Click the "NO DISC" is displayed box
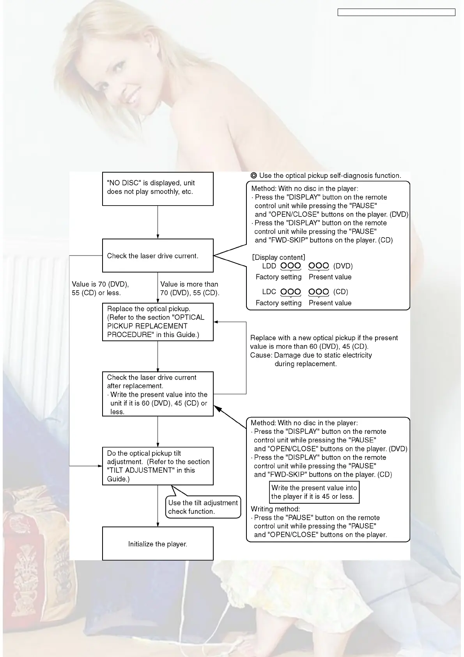pyautogui.click(x=158, y=189)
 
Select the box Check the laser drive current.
pyautogui.click(x=158, y=256)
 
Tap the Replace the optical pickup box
pyautogui.click(x=158, y=322)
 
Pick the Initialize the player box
pyautogui.click(x=158, y=543)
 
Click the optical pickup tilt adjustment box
pyautogui.click(x=158, y=466)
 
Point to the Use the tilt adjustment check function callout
pyautogui.click(x=203, y=507)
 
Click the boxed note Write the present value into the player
pyautogui.click(x=314, y=492)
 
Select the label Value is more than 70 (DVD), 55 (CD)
pyautogui.click(x=189, y=289)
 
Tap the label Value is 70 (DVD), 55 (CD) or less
pyautogui.click(x=100, y=289)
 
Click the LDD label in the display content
pyautogui.click(x=269, y=266)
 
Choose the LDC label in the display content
pyautogui.click(x=269, y=292)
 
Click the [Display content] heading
pyautogui.click(x=278, y=257)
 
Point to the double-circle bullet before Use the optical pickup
pyautogui.click(x=254, y=176)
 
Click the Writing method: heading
pyautogui.click(x=275, y=509)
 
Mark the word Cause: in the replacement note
pyautogui.click(x=261, y=355)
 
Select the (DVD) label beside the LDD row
pyautogui.click(x=343, y=266)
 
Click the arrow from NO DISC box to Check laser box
pyautogui.click(x=158, y=222)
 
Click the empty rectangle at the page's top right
pyautogui.click(x=396, y=12)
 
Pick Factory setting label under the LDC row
pyautogui.click(x=278, y=303)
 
